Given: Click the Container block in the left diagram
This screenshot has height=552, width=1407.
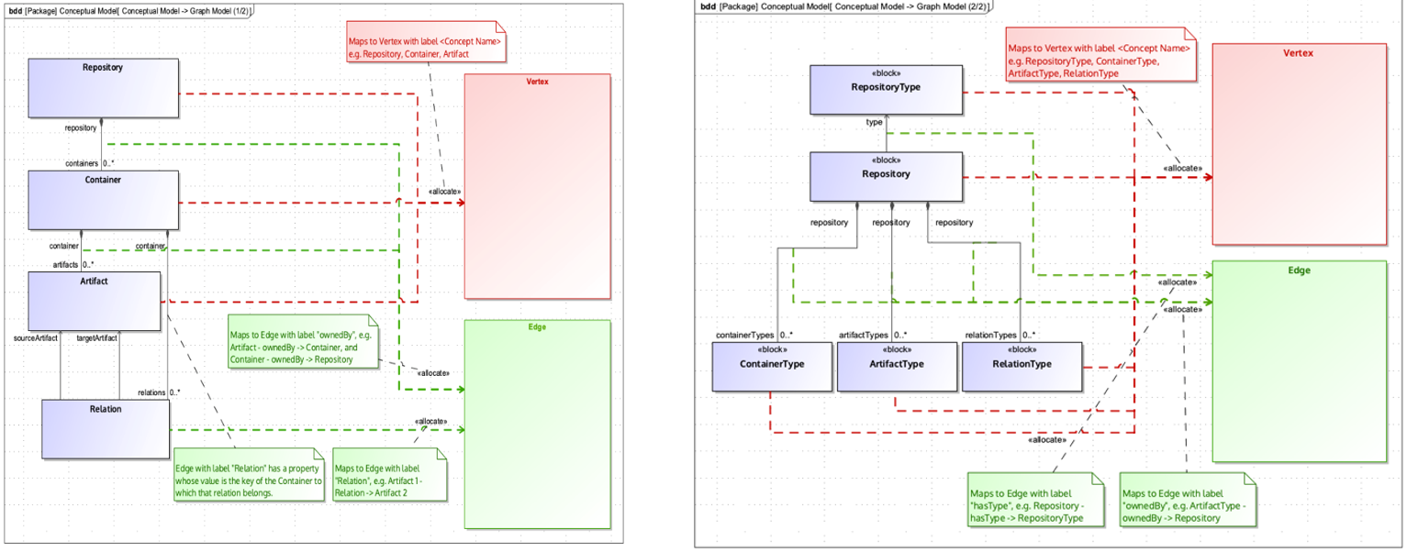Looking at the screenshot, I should (103, 199).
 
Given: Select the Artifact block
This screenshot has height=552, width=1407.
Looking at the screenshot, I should (94, 300).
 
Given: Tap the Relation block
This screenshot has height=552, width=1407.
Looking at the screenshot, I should (106, 428).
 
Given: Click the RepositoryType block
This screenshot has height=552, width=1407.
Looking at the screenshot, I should (886, 89).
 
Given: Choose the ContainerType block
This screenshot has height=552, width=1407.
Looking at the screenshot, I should (772, 367).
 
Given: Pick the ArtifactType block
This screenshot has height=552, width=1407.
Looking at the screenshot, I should (896, 367).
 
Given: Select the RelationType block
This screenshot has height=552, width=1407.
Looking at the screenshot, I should (1022, 367).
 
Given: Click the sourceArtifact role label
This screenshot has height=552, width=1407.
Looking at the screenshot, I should (37, 338).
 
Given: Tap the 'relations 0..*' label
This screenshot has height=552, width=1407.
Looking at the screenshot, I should (158, 392).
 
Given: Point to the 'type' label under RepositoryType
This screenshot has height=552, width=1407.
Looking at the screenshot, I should (875, 121).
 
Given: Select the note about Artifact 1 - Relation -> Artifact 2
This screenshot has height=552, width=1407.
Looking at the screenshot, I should (390, 474).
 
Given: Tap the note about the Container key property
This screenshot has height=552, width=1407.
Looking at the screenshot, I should (249, 474).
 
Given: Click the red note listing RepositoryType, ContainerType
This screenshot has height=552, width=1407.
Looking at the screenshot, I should (1100, 61).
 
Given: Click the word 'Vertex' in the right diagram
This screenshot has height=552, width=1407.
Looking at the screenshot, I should (1298, 53).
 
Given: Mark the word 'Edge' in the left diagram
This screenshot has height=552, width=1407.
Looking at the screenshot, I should (537, 326).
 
